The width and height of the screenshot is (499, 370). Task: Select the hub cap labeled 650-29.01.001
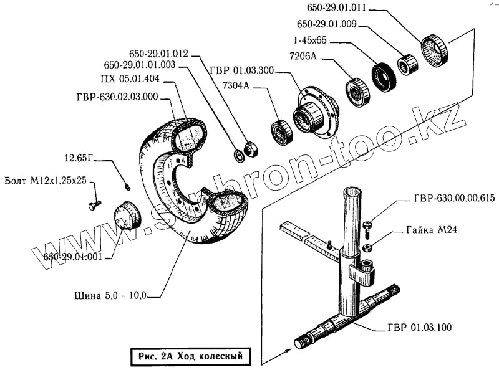(127, 216)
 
